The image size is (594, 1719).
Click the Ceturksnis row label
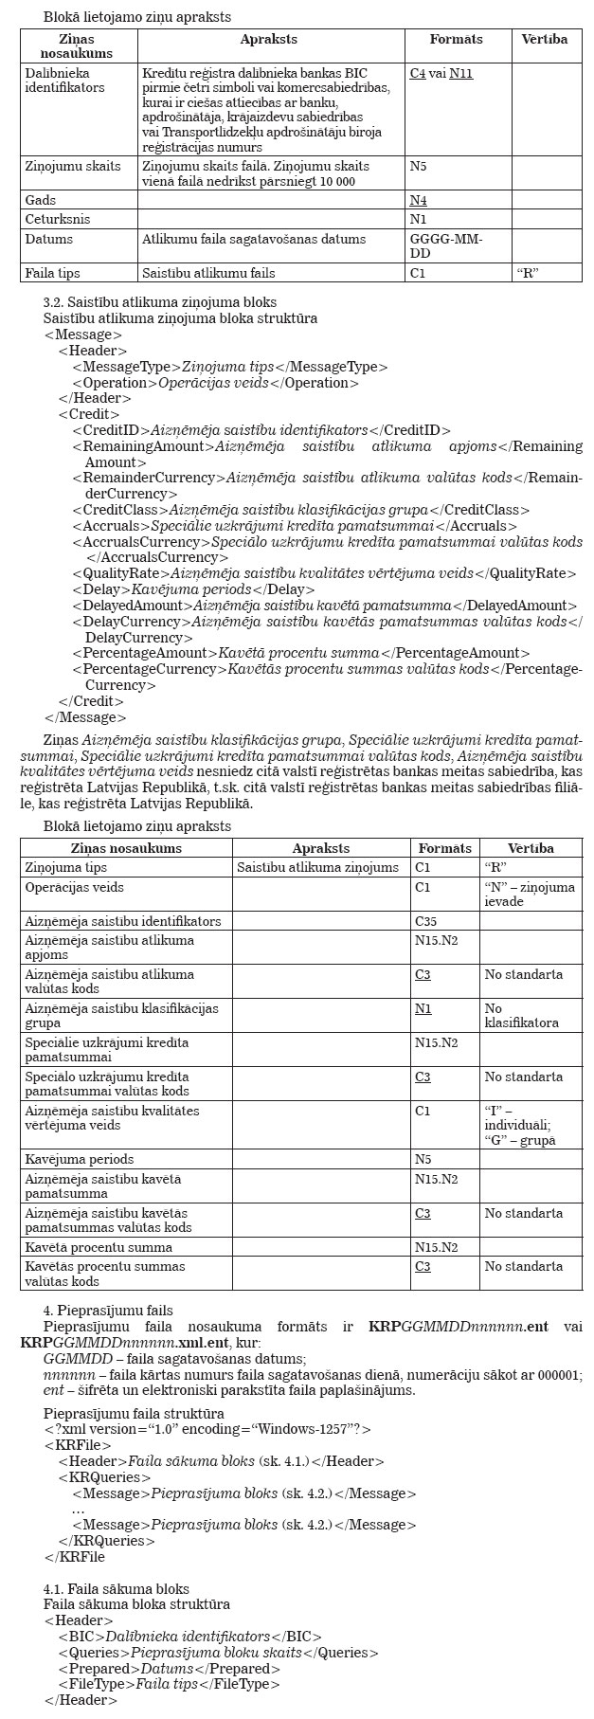[58, 219]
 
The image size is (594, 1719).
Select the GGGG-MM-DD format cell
[446, 246]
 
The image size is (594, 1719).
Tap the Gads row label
[41, 201]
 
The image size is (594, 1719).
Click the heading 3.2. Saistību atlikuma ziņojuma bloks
[147, 302]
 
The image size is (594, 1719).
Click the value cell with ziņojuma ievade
[530, 895]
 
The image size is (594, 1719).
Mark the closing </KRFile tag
[74, 1557]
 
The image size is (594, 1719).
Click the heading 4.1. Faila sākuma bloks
[116, 1589]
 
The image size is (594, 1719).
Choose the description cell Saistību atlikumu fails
[208, 273]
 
